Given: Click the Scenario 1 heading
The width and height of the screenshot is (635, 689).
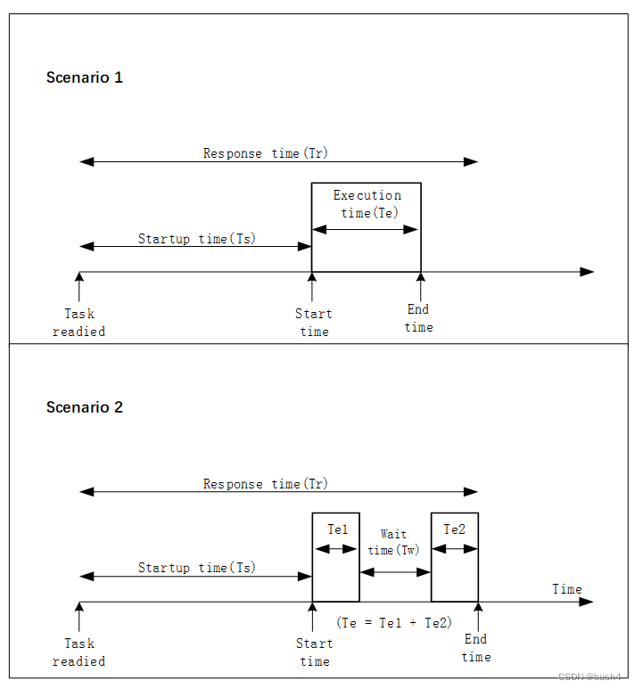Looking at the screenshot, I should click(x=85, y=78).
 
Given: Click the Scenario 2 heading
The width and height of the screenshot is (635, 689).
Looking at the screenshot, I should click(x=85, y=407).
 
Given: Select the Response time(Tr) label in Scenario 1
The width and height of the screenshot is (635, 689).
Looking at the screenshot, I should click(x=266, y=153).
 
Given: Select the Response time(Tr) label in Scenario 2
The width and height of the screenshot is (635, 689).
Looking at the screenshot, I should click(x=266, y=484).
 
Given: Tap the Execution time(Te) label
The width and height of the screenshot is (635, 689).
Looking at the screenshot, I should click(x=367, y=204).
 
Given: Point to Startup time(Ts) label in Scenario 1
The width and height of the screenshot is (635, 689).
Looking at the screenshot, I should click(x=196, y=239).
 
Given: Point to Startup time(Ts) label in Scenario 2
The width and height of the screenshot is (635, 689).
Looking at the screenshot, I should click(x=196, y=568).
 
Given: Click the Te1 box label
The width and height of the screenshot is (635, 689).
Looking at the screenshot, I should click(x=337, y=529).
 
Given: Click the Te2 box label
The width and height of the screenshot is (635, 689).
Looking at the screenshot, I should click(x=454, y=529).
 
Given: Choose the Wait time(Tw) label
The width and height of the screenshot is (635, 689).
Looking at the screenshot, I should click(x=393, y=542).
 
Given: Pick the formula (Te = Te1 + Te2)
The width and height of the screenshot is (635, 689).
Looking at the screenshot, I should click(x=394, y=622).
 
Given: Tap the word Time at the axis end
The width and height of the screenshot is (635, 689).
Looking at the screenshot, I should click(x=566, y=589).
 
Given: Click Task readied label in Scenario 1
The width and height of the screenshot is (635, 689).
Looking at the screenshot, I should click(x=78, y=323).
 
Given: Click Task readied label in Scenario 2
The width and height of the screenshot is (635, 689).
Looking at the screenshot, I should click(x=78, y=652).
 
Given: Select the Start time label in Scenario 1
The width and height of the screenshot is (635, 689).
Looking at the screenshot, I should click(x=313, y=323).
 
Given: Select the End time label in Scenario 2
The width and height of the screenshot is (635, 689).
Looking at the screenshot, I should click(x=475, y=648).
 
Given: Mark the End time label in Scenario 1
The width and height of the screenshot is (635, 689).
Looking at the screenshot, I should click(x=418, y=318).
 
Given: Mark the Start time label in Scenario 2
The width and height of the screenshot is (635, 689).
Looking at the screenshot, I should click(x=314, y=652).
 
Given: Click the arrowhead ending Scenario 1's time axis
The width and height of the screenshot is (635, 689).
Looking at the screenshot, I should click(x=587, y=272).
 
